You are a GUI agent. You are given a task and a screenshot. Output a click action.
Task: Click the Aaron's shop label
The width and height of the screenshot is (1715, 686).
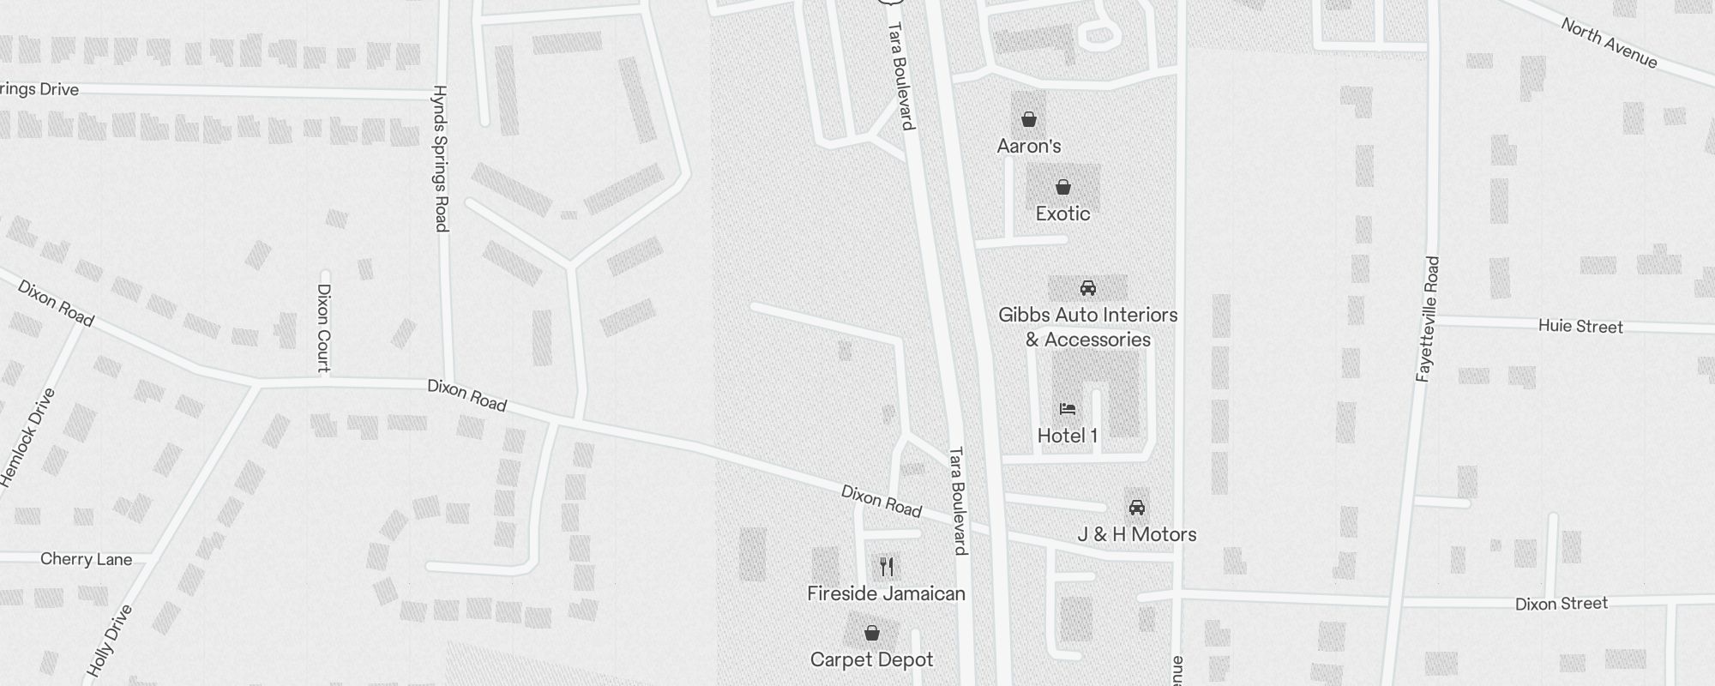point(1029,146)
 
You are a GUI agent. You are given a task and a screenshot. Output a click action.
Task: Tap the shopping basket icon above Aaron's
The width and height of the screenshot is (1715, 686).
point(1029,119)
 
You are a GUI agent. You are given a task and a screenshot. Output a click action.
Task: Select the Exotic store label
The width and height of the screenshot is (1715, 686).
point(1062,214)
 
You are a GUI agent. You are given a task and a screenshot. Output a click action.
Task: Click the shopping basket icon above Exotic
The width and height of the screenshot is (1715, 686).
point(1063,187)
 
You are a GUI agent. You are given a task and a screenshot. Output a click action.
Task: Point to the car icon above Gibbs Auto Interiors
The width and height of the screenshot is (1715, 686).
point(1088,288)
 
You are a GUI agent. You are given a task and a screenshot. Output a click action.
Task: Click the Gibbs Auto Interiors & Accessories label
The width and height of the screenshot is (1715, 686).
point(1088,328)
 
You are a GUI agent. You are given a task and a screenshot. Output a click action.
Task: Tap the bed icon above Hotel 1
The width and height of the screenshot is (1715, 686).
point(1068,409)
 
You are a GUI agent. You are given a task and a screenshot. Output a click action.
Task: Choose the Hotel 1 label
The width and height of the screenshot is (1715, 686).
point(1068,436)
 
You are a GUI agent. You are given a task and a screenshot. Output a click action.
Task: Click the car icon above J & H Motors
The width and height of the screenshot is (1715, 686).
point(1137,507)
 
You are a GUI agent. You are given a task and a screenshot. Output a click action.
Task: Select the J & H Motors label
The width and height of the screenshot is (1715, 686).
point(1137,534)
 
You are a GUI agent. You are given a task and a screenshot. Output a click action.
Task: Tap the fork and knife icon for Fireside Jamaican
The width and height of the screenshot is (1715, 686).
point(887,567)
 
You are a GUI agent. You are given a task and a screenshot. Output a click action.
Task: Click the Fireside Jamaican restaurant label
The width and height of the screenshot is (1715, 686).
point(887,593)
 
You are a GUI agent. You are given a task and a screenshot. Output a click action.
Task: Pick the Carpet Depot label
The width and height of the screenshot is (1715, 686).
point(872,659)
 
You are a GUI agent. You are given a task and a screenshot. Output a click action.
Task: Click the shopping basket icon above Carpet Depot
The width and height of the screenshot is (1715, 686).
point(872,634)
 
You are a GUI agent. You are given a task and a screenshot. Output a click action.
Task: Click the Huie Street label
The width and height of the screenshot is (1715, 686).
point(1580,327)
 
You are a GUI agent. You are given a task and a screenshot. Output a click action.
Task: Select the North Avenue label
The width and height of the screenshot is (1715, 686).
point(1609,44)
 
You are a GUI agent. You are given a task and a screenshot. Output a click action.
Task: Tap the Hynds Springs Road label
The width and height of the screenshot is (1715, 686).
point(441,158)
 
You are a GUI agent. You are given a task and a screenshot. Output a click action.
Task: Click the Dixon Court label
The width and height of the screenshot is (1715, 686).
point(323,328)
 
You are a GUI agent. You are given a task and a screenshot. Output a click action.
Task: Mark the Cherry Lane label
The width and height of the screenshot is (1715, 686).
point(87,559)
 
